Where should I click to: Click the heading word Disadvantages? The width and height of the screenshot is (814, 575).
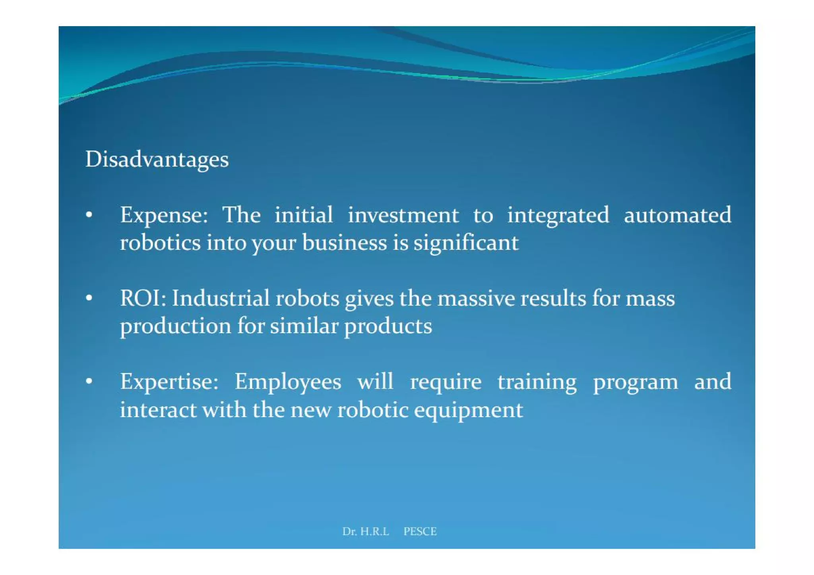click(x=157, y=160)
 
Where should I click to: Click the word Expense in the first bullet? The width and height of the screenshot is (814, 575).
click(x=163, y=216)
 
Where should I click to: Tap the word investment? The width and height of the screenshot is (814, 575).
click(x=403, y=216)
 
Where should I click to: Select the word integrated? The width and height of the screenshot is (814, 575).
click(x=558, y=216)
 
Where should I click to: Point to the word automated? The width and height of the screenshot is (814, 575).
click(x=677, y=216)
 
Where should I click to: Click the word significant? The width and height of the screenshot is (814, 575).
click(x=466, y=243)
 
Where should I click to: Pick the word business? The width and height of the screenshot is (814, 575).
click(x=344, y=243)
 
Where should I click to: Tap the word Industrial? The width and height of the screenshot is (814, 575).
click(x=221, y=298)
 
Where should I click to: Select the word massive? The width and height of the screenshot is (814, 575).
click(x=476, y=298)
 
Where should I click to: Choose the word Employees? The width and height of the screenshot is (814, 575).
click(x=288, y=382)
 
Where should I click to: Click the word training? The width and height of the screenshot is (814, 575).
click(x=537, y=382)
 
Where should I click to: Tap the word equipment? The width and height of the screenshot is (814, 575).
click(x=468, y=410)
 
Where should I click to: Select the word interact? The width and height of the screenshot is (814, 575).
click(x=158, y=410)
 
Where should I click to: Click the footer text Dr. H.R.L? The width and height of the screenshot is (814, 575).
click(x=366, y=531)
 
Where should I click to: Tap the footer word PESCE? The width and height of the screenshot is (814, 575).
click(x=420, y=531)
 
